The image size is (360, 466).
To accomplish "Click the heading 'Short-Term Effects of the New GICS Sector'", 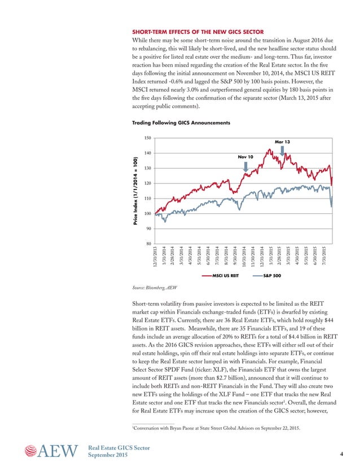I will click(197, 32).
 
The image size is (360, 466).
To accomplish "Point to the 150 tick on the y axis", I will click(148, 138).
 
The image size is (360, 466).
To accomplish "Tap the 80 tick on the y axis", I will click(148, 244).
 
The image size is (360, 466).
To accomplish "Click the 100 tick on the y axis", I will click(148, 213).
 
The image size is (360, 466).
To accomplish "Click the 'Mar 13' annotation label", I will click(282, 142).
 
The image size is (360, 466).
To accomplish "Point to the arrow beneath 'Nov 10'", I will click(245, 166).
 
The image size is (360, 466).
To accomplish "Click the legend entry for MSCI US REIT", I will click(221, 276).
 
